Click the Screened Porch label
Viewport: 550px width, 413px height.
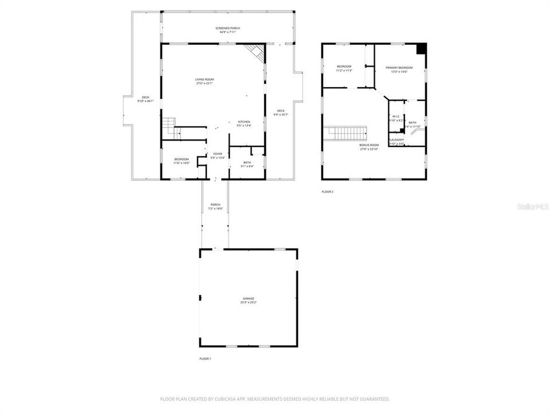click(227, 28)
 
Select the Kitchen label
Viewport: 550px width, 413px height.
click(244, 122)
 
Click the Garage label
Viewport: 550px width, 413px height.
click(248, 298)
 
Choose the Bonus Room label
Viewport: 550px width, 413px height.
click(369, 145)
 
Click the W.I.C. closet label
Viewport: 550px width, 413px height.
click(396, 117)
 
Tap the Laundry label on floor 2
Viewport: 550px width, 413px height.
click(396, 140)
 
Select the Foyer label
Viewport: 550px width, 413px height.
click(218, 154)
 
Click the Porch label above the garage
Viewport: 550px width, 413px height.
click(215, 204)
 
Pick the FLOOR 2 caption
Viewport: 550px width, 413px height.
click(327, 192)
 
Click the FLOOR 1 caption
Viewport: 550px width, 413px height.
click(205, 359)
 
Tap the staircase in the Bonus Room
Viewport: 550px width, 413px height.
click(346, 134)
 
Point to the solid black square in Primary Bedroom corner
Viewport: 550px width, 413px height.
click(422, 49)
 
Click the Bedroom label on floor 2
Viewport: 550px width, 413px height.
click(344, 67)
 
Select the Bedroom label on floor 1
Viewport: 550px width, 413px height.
click(181, 159)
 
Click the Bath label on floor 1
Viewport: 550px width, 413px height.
click(247, 162)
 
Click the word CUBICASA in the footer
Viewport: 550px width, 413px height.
click(242, 399)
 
